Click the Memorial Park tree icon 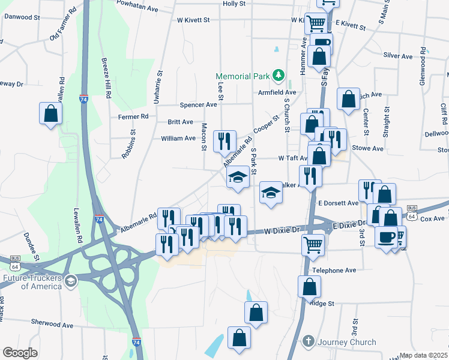[278, 76]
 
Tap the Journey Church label [347, 342]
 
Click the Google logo [20, 352]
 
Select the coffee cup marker [386, 235]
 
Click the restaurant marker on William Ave [224, 141]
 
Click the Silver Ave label [397, 56]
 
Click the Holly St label [234, 4]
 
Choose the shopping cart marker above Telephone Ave [312, 245]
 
